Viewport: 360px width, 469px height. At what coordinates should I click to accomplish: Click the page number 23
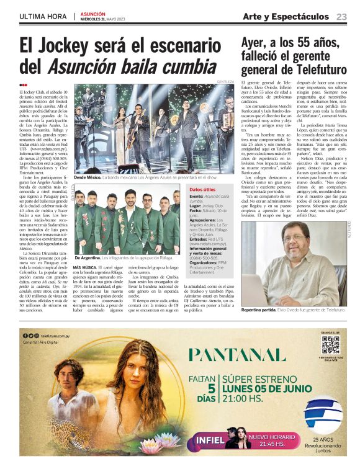pyautogui.click(x=342, y=16)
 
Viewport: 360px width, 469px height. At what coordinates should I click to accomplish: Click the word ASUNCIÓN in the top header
pyautogui.click(x=92, y=14)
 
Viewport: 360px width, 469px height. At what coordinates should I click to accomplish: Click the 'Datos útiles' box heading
pyautogui.click(x=202, y=189)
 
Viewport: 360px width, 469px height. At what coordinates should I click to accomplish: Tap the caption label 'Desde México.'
pyautogui.click(x=87, y=177)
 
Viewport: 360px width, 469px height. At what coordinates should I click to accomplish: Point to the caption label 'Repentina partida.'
pyautogui.click(x=261, y=309)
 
